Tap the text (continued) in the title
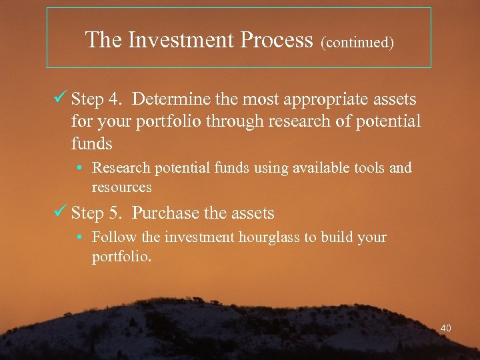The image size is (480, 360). [357, 43]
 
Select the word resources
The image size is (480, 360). [121, 187]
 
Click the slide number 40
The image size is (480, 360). [446, 328]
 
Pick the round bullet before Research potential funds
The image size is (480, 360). [79, 168]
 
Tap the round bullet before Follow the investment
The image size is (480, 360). [79, 237]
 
